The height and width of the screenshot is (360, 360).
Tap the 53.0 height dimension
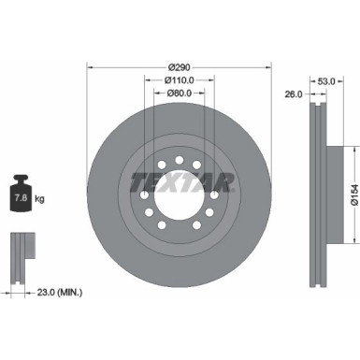326,81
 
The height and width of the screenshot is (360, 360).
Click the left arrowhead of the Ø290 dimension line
90,67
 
